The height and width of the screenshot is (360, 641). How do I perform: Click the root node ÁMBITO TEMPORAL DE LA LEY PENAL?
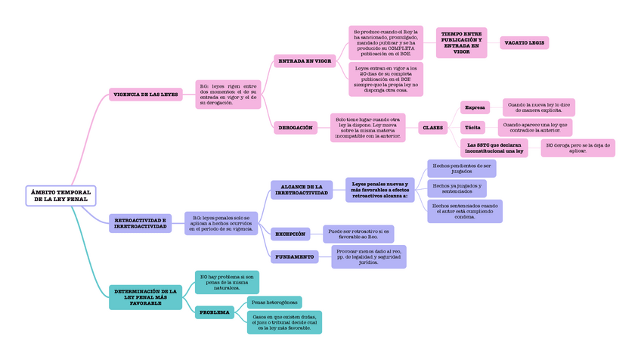coord(60,196)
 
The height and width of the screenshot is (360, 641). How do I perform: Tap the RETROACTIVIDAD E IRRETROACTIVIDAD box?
coord(140,223)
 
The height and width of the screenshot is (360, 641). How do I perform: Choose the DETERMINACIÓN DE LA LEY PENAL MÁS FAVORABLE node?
coord(145,296)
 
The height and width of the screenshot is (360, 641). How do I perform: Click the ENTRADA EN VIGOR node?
coord(305,61)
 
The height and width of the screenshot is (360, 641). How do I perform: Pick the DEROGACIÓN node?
coord(296,128)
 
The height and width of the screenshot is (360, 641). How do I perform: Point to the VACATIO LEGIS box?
coord(524,43)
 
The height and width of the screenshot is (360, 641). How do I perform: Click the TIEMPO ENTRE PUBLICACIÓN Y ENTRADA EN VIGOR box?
coord(461,43)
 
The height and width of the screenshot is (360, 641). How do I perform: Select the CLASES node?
coord(433,128)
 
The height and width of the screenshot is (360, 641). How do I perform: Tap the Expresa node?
coord(475,107)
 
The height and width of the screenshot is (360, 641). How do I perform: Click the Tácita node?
coord(472,128)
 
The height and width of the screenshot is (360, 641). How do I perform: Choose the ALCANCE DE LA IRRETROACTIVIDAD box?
coord(302,190)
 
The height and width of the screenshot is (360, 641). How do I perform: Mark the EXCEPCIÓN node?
coord(290,234)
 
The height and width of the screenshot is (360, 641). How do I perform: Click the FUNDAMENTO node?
coord(294,257)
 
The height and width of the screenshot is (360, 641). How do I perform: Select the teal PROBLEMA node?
coord(215,312)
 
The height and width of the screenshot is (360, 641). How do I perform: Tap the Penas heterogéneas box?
coord(274,303)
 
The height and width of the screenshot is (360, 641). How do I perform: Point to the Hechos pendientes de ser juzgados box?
coord(461,168)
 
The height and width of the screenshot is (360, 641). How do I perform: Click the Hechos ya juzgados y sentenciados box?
coord(457,188)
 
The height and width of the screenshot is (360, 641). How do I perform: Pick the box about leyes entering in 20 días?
coord(386,79)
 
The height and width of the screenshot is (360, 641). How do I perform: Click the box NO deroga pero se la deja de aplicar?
coord(578,147)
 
